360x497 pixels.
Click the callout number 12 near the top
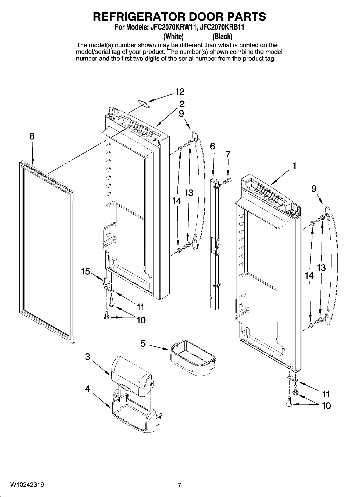click(180, 92)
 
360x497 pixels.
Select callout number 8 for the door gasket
click(32, 137)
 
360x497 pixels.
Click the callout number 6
click(212, 146)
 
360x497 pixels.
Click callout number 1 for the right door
click(294, 166)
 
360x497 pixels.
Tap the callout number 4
click(88, 389)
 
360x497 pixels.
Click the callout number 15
click(85, 271)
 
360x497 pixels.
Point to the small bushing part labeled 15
click(106, 280)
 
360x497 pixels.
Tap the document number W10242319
click(27, 485)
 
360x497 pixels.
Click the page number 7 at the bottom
click(180, 485)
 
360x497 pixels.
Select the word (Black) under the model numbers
click(222, 36)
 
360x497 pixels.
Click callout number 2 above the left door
click(182, 104)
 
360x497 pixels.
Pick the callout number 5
click(143, 344)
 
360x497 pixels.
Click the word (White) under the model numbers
click(174, 36)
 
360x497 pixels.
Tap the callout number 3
click(88, 357)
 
